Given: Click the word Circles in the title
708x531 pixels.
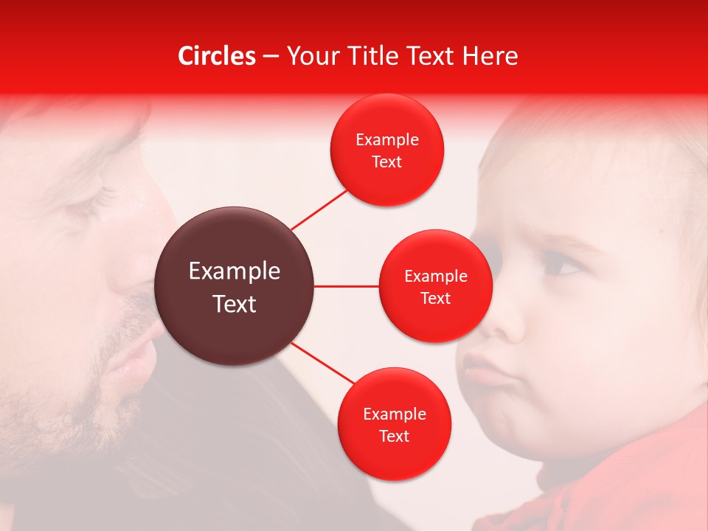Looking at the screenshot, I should tap(216, 56).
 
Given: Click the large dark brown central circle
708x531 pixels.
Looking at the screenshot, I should tap(234, 286).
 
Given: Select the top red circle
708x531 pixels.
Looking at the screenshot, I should tap(386, 150).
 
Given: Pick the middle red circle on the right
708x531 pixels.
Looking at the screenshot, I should tap(435, 286).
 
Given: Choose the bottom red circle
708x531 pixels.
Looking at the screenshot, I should tap(394, 425).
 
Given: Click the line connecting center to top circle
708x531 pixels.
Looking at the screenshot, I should tap(319, 209).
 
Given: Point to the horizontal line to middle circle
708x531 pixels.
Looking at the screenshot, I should tap(346, 286).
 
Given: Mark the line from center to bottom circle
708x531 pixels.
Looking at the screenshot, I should tap(323, 364).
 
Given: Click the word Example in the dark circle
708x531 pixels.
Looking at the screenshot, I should tap(234, 271).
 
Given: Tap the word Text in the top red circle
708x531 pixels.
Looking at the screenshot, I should tap(386, 162).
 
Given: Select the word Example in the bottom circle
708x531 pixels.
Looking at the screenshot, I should tap(394, 414).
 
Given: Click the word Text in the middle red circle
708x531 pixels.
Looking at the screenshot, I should tap(435, 299).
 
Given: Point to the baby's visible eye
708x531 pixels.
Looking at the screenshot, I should tap(562, 265).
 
